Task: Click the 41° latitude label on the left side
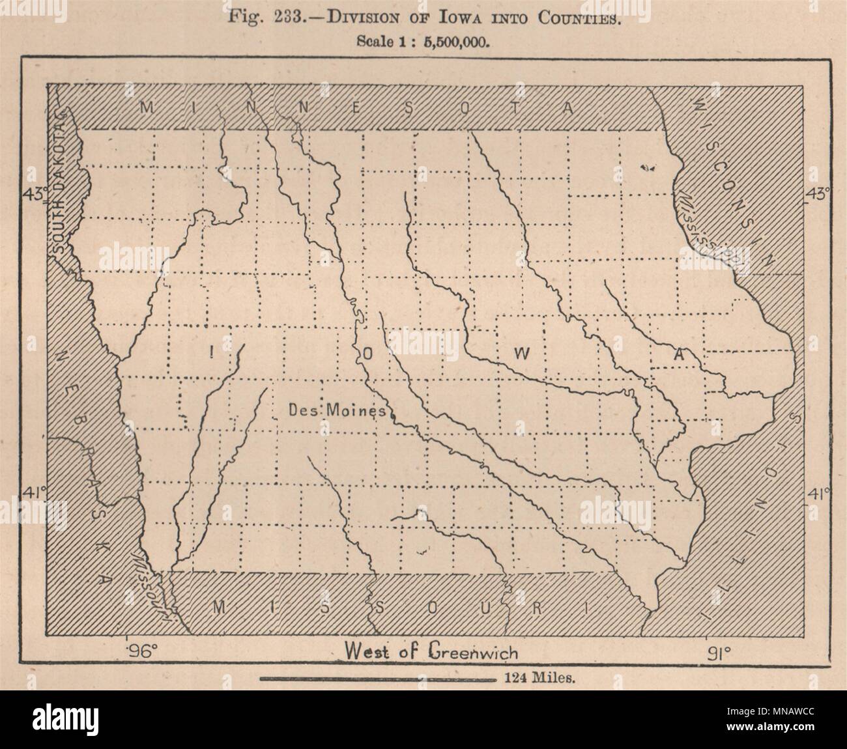pyautogui.click(x=34, y=493)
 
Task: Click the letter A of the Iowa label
pyautogui.click(x=679, y=356)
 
